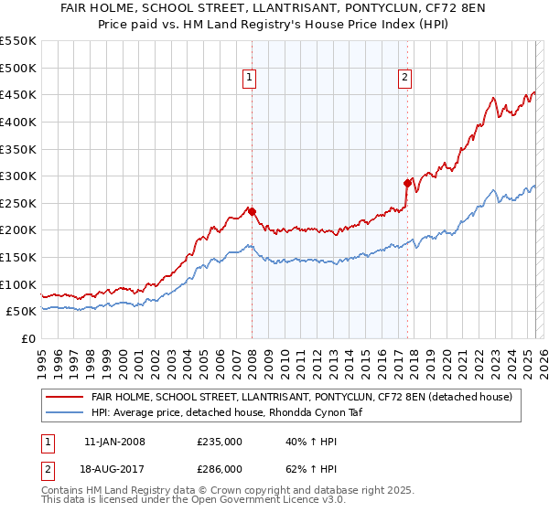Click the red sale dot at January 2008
point(252,211)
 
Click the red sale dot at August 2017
point(407,183)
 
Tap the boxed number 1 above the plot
point(249,79)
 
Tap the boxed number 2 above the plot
point(404,79)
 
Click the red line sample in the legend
point(65,397)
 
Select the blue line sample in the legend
point(65,413)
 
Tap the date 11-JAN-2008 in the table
point(114,442)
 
